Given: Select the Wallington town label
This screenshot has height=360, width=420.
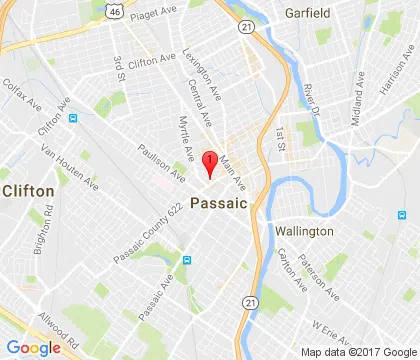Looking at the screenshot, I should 304,231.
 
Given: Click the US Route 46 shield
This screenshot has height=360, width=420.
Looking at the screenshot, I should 89,9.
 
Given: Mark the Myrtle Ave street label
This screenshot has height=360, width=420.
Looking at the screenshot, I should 185,139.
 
